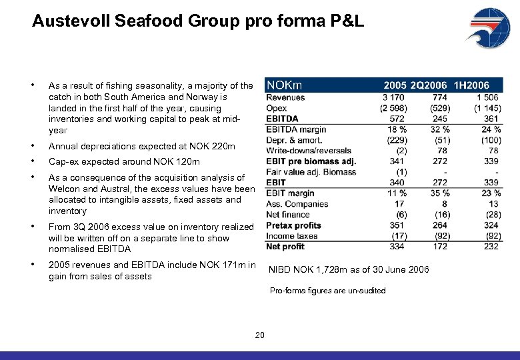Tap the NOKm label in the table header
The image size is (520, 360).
click(x=285, y=85)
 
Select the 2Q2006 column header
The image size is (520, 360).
click(x=429, y=85)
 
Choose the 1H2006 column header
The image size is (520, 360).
click(x=471, y=85)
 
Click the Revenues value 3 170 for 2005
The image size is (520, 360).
click(x=393, y=97)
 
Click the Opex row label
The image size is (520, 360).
click(x=277, y=108)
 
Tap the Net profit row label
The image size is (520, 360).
click(x=285, y=247)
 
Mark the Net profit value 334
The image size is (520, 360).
click(x=397, y=247)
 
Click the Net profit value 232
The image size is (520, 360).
click(x=491, y=247)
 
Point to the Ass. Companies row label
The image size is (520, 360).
click(x=297, y=204)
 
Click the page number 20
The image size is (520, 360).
click(x=260, y=335)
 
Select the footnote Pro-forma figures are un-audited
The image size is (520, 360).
click(x=327, y=291)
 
